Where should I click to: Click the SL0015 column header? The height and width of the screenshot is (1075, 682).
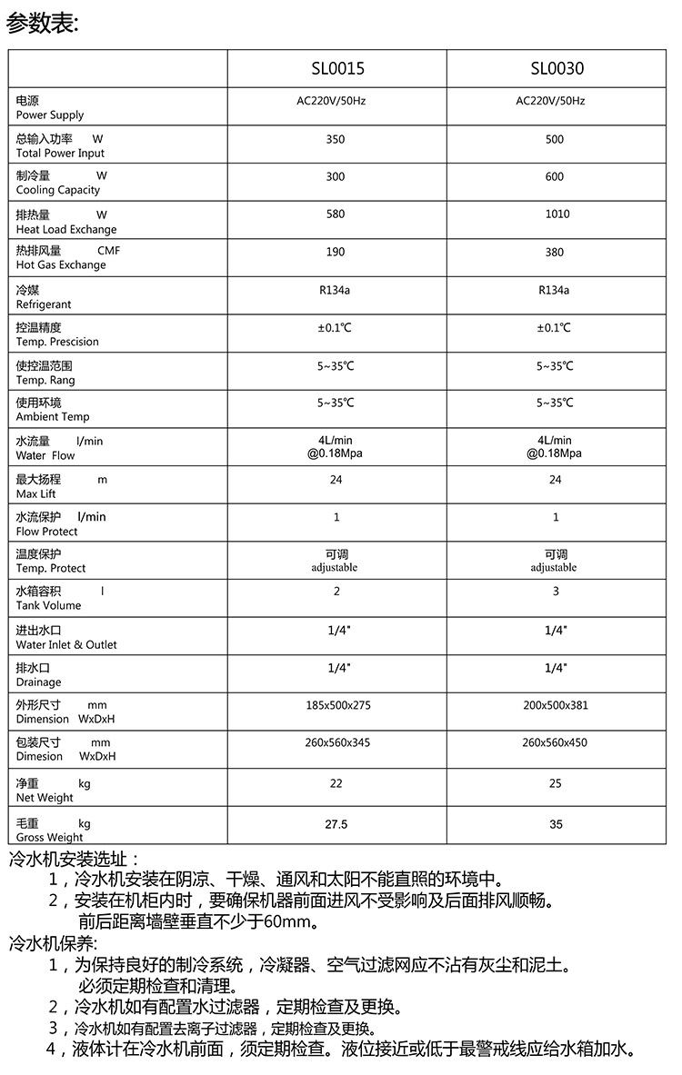(x=336, y=69)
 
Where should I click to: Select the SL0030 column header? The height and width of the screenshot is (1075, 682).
(x=556, y=69)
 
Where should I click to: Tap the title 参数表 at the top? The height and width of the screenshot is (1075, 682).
(x=43, y=23)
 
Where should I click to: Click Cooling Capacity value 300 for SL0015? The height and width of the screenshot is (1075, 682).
(x=336, y=177)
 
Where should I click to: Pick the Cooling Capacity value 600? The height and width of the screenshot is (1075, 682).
(x=555, y=177)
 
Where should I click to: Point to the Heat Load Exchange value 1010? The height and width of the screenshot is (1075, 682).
(x=556, y=214)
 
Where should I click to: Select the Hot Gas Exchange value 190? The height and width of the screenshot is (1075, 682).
(x=336, y=253)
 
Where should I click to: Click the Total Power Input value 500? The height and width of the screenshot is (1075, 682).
(x=555, y=139)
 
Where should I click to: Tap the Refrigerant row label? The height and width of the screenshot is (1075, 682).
(x=43, y=297)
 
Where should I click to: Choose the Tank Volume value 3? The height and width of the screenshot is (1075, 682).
(x=556, y=592)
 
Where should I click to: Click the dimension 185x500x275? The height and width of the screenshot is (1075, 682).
(x=337, y=705)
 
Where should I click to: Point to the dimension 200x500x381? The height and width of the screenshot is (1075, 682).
(x=555, y=705)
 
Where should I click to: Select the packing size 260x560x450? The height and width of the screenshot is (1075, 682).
(x=555, y=743)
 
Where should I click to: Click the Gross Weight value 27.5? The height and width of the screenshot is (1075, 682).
(x=336, y=825)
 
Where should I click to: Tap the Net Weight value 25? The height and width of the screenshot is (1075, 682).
(x=556, y=783)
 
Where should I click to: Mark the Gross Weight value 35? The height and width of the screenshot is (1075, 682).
(x=556, y=825)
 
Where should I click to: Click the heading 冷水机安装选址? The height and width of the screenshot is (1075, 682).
(x=73, y=859)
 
